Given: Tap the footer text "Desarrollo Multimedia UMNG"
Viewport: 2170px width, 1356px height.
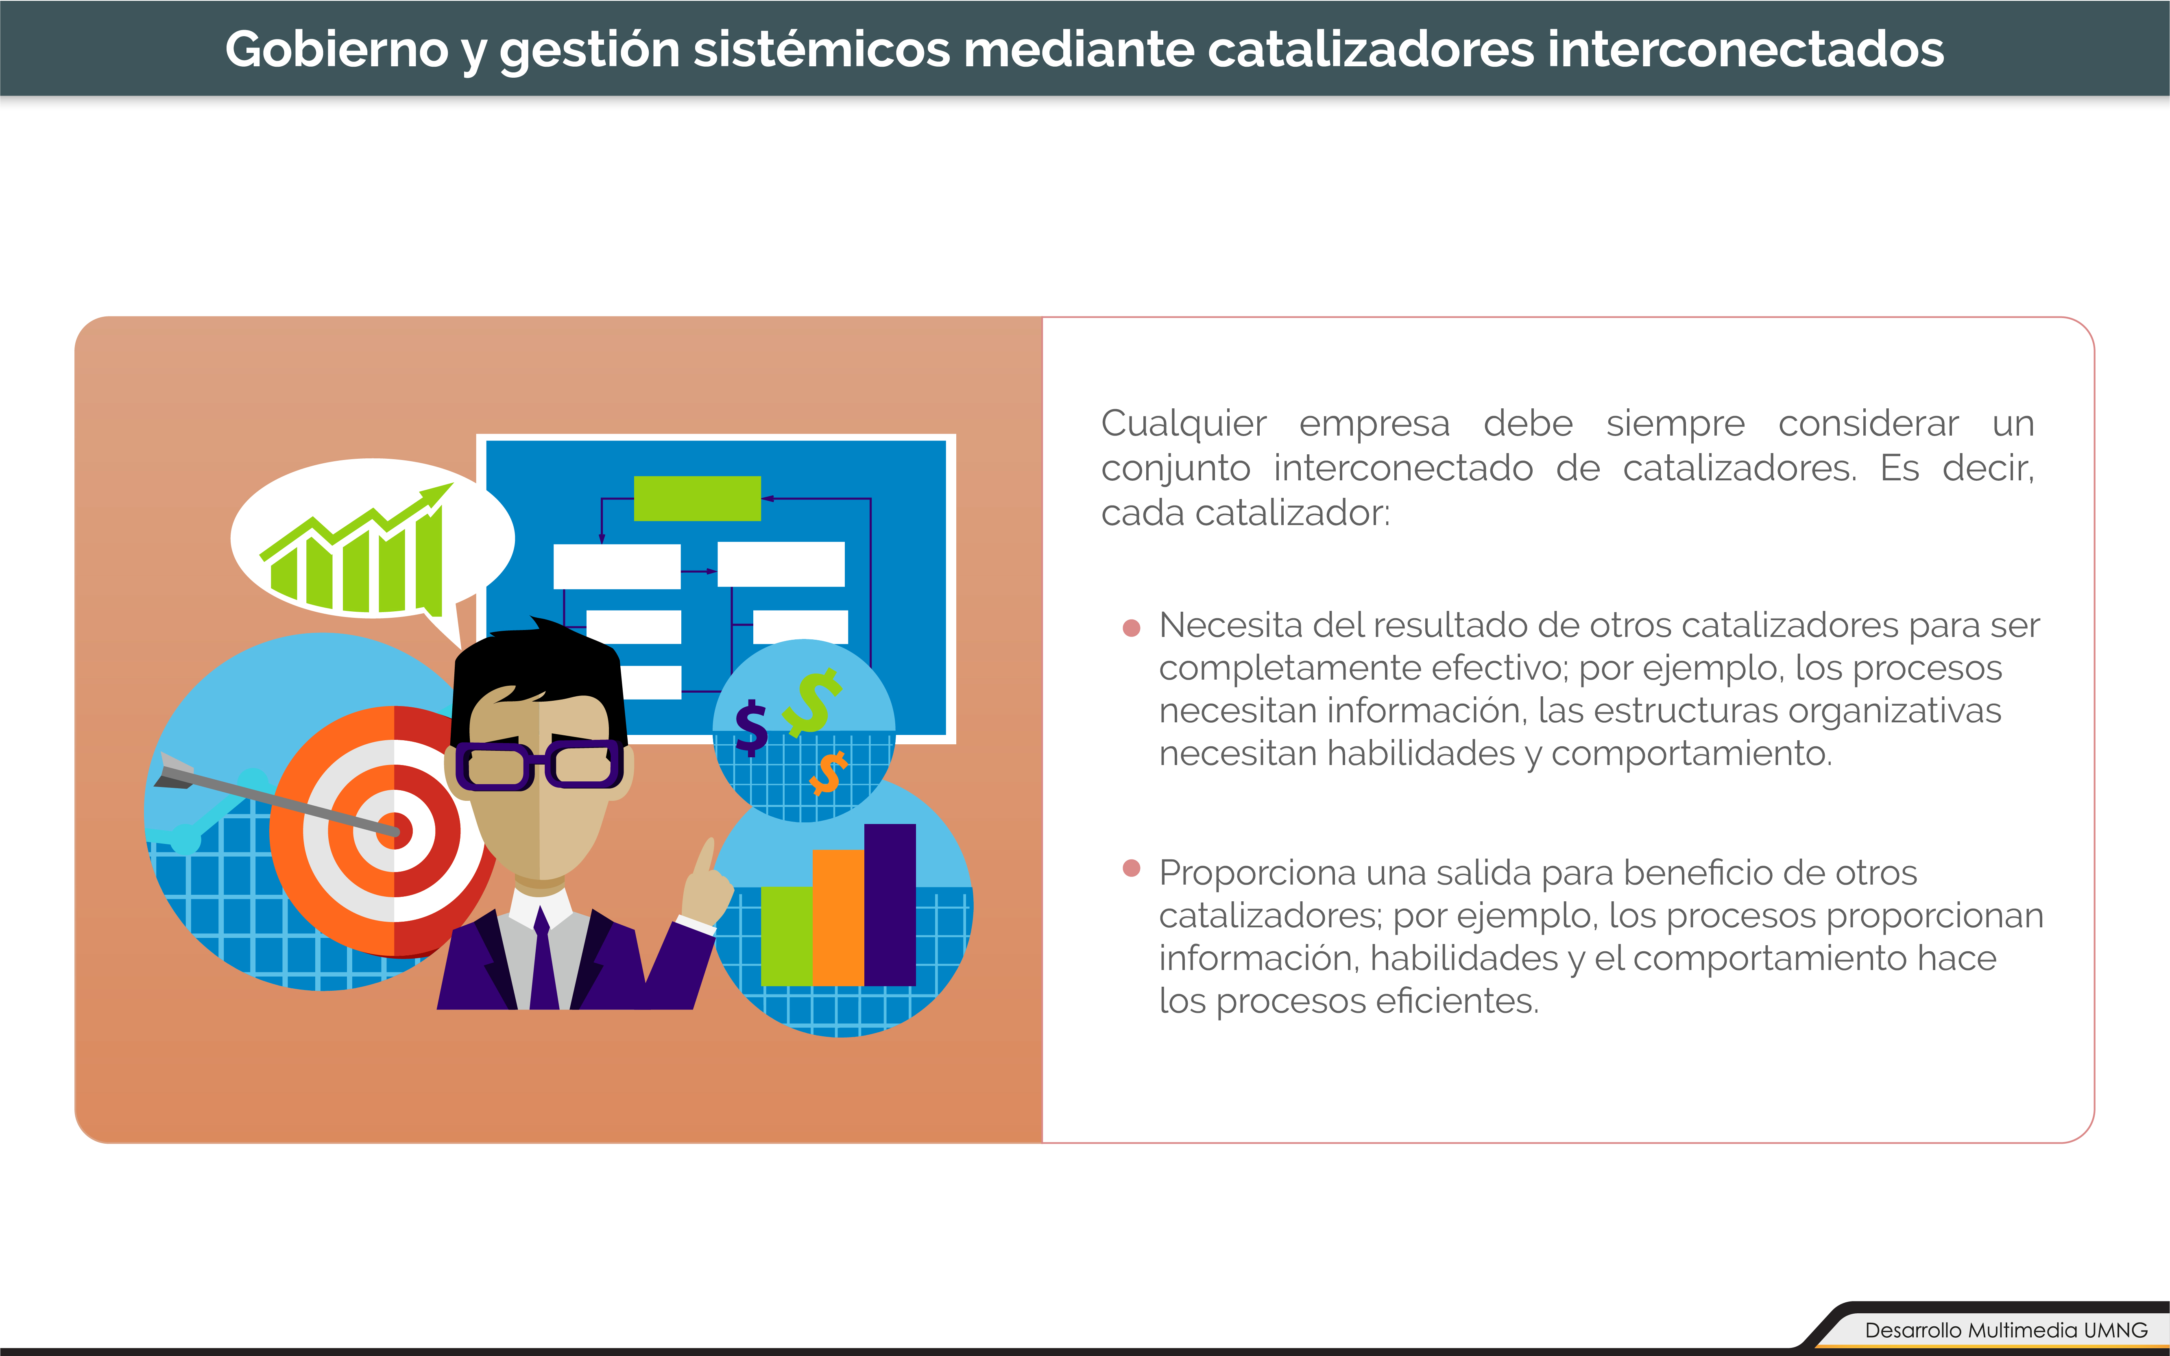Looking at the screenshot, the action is [x=2006, y=1330].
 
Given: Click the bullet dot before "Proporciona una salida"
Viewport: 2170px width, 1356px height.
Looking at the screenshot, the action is [x=1132, y=868].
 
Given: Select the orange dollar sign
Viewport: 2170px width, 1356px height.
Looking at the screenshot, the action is [x=829, y=773].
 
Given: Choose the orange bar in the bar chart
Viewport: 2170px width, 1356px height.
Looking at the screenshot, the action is [x=837, y=918].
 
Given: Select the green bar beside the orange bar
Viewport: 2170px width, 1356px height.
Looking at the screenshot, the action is [x=786, y=936].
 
